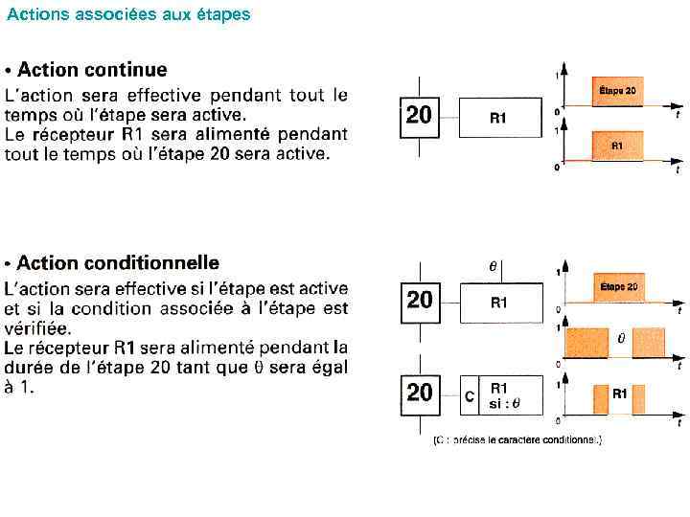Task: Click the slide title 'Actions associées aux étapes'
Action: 128,14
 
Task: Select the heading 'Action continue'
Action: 92,70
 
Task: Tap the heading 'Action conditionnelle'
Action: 118,262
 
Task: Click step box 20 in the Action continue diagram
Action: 419,117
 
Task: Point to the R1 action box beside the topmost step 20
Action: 498,118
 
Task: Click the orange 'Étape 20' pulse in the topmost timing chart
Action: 617,92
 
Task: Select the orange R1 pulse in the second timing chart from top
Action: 617,146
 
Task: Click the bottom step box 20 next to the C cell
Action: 420,393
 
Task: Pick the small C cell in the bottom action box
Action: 469,395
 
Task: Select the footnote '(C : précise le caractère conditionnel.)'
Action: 517,439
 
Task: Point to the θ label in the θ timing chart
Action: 620,338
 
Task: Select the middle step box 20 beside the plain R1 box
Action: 420,301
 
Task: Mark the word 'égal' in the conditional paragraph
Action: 327,367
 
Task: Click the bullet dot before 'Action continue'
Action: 9,71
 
